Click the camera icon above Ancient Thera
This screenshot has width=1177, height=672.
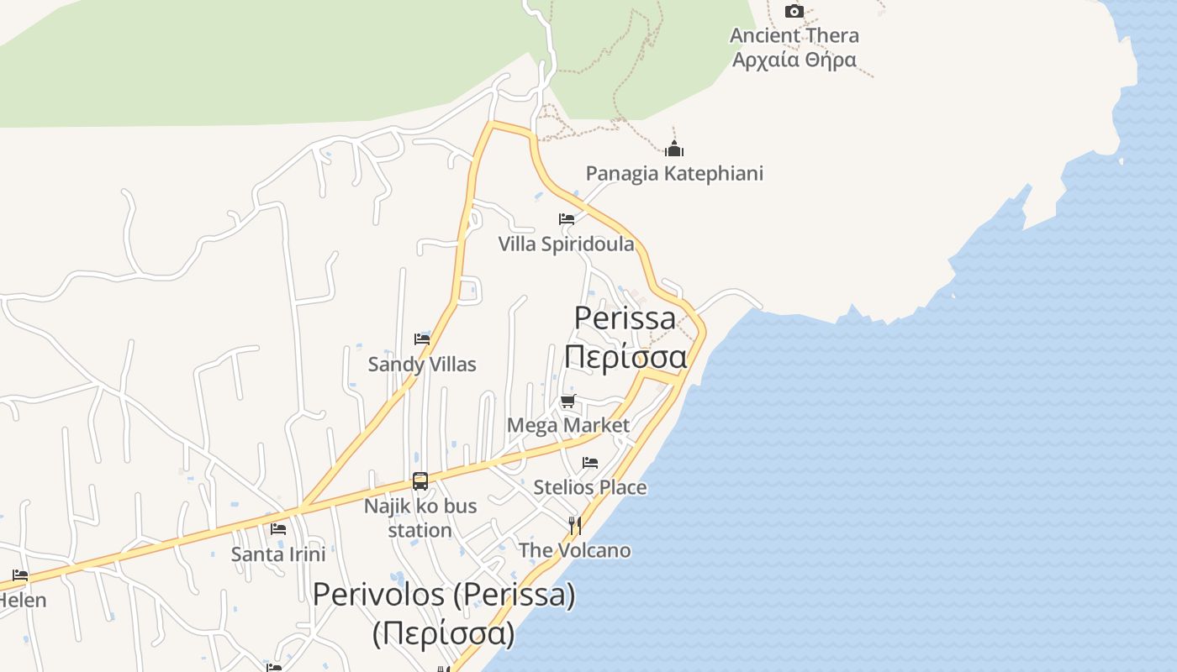(x=794, y=11)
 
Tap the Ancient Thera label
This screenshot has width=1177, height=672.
(x=794, y=35)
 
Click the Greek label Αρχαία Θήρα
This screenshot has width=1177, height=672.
(x=794, y=60)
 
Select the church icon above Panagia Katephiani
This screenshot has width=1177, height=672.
(x=674, y=150)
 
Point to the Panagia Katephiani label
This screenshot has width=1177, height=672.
(x=674, y=174)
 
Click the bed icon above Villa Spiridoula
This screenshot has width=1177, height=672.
(x=567, y=219)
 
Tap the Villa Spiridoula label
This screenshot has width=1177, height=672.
(x=567, y=244)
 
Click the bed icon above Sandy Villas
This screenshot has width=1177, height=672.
(x=422, y=339)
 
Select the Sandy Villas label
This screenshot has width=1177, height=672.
(x=422, y=365)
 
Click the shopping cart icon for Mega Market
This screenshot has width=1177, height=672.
(x=568, y=401)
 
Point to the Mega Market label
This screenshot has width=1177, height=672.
(x=568, y=425)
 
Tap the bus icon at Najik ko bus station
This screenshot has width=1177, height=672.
(x=420, y=481)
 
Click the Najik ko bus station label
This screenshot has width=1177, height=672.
(x=420, y=518)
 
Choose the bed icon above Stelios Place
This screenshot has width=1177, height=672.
(x=590, y=463)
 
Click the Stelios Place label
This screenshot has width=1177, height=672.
(x=590, y=487)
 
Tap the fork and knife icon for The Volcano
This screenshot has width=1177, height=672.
(x=575, y=526)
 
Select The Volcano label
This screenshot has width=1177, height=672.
(x=575, y=551)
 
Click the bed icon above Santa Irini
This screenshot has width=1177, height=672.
(x=278, y=529)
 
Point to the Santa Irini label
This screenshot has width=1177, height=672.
(x=278, y=554)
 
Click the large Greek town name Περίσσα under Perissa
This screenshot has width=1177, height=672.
(x=625, y=357)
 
